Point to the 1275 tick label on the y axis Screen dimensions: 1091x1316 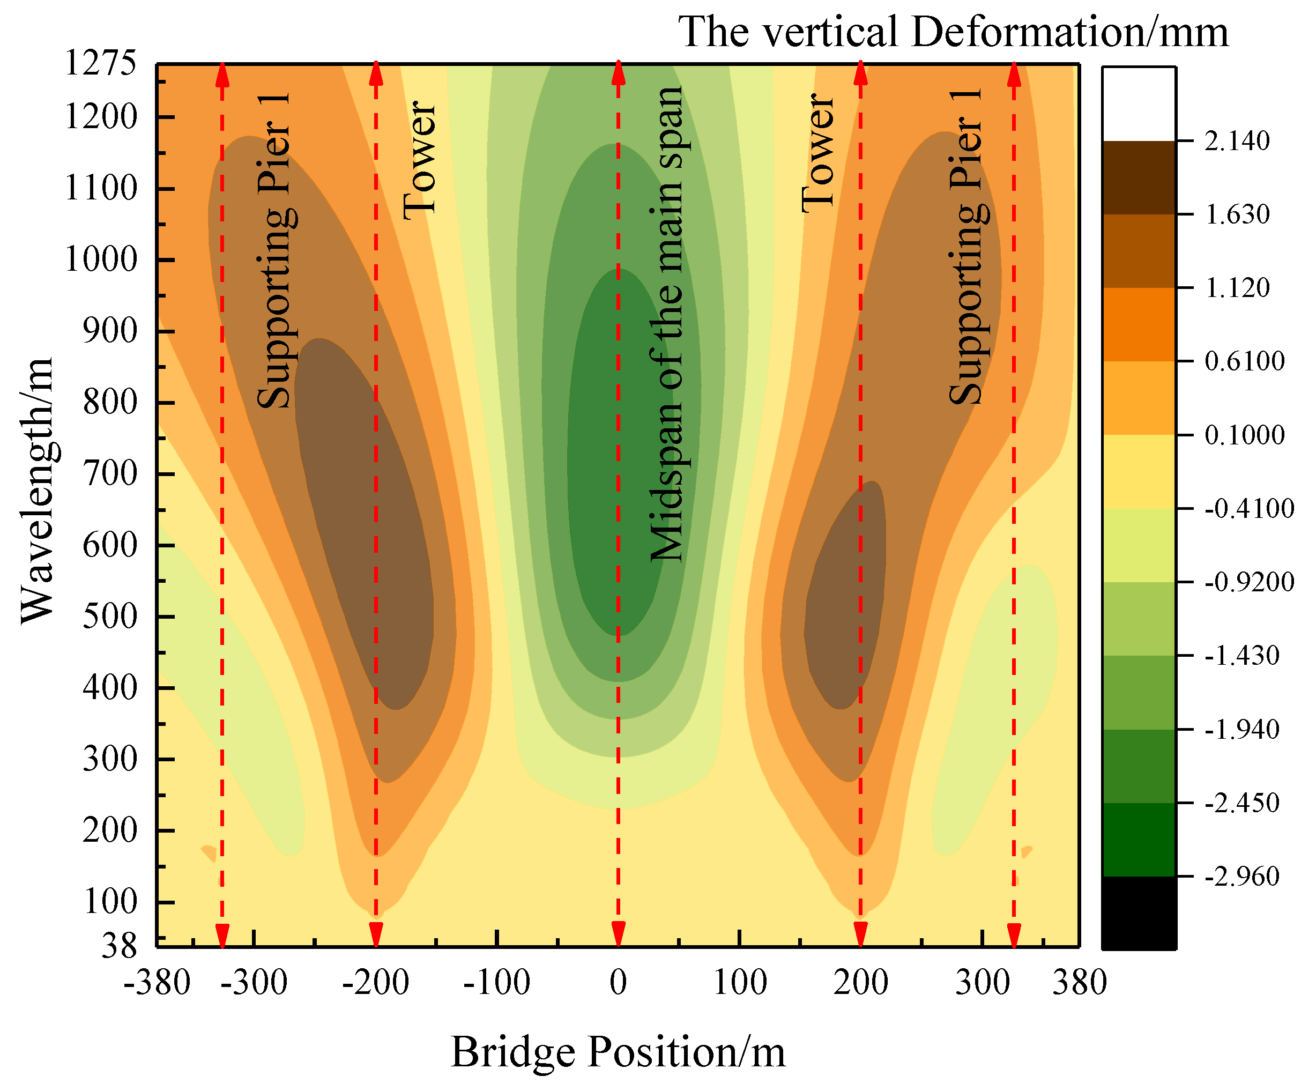pos(100,63)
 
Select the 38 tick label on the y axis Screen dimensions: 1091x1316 pos(119,946)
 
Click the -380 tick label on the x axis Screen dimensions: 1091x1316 pos(157,982)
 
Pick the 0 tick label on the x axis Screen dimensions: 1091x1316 pos(618,982)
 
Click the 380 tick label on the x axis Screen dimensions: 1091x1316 pos(1079,982)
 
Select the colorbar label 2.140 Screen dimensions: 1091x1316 pos(1237,141)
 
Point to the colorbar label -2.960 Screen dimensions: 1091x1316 pos(1241,876)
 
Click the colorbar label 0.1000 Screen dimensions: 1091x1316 pos(1244,435)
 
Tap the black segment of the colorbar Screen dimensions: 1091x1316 pos(1139,912)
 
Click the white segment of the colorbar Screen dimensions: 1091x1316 pos(1139,104)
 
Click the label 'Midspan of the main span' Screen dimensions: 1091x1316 pos(667,324)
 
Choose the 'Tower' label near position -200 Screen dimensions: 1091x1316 pos(419,160)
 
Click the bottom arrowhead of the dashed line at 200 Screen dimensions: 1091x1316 pos(860,934)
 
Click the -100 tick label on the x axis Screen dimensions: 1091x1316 pos(496,982)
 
